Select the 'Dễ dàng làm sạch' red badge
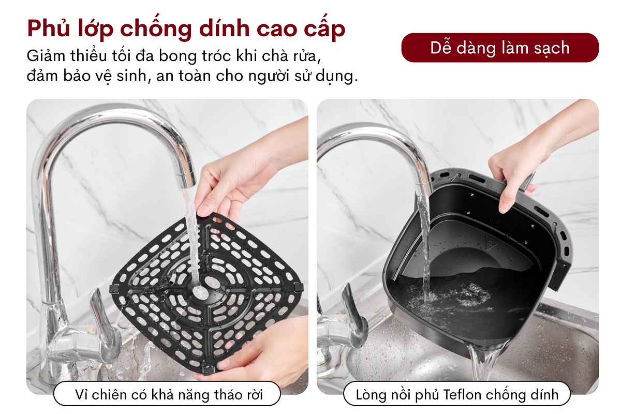pyautogui.click(x=499, y=48)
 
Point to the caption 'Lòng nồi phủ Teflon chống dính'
pyautogui.click(x=457, y=395)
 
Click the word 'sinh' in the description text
pyautogui.click(x=147, y=76)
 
